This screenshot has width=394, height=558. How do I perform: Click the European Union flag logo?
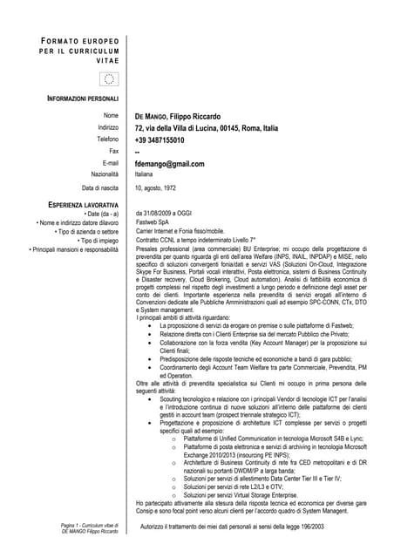109,79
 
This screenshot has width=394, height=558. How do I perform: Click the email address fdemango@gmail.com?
169,163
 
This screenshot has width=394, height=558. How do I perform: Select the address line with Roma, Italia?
207,127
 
